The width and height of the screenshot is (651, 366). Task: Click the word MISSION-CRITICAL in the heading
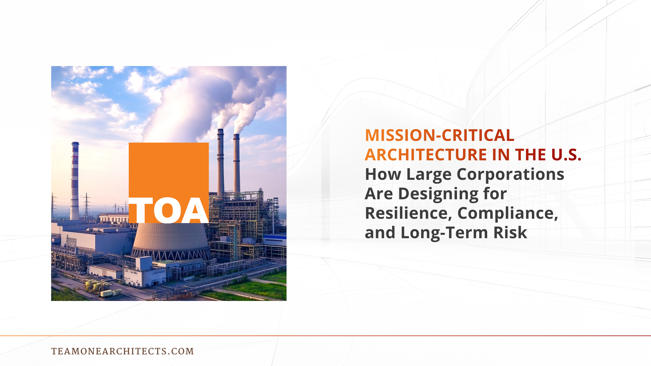pos(439,135)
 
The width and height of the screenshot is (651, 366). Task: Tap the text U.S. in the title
pos(566,155)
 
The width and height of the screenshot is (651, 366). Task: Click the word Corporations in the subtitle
pos(510,174)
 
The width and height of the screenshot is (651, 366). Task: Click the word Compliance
pos(507,213)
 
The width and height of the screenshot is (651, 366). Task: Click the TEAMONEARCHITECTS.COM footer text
pos(122,351)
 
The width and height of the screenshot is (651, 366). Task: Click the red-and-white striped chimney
pos(75,180)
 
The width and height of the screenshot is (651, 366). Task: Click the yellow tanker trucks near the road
pos(111,293)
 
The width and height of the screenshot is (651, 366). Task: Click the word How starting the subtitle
pos(383,174)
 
